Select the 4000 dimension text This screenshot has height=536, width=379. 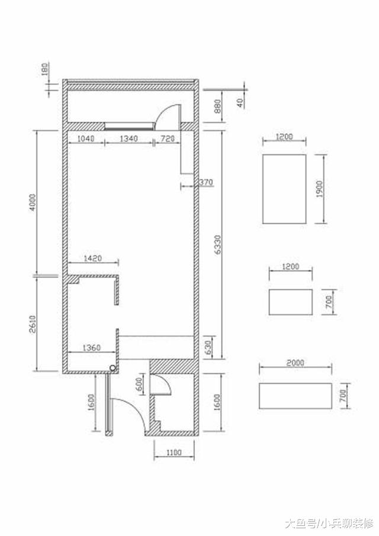coord(33,203)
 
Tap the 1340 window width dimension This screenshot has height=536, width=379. coord(129,138)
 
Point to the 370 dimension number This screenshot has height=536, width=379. coord(206,182)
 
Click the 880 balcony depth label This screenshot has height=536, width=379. coord(217,106)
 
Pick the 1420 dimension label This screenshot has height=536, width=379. coord(93,258)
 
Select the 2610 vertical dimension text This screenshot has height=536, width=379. coord(33,324)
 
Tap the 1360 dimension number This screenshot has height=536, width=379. coord(92,348)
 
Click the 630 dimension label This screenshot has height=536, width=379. coord(208,348)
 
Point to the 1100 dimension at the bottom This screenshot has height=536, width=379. coord(174,453)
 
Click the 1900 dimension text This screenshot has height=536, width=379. coord(319,189)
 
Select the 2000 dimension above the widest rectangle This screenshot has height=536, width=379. coord(295,362)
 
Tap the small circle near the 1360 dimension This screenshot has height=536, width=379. coord(113,368)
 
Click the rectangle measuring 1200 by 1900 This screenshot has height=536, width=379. coord(284,189)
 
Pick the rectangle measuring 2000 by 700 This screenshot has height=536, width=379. coord(295,396)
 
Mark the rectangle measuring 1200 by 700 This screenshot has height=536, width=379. coord(291,302)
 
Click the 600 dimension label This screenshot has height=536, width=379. coord(139,385)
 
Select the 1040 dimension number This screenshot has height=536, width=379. coord(86,138)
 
